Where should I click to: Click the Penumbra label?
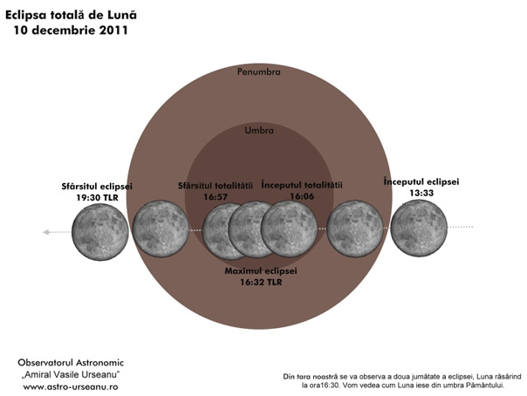pos(258,72)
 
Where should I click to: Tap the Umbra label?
pos(259,130)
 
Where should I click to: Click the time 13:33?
pos(421,193)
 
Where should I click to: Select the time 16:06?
pos(302,196)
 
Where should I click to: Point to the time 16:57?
pos(216,197)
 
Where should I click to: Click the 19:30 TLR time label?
pos(97,197)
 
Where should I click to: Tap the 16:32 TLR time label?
pos(261,282)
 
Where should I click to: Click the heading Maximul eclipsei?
pos(261,270)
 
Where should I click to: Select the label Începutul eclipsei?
pos(421,181)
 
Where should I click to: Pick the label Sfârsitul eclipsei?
pos(97,187)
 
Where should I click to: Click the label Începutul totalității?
pos(302,185)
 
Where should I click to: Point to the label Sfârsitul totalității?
pos(216,186)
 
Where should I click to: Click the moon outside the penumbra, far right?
pos(419,228)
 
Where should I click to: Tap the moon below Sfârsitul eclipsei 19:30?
pos(100,232)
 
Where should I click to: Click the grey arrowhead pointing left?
pos(47,232)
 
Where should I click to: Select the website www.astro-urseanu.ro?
pos(71,386)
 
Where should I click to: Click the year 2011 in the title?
pos(113,31)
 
